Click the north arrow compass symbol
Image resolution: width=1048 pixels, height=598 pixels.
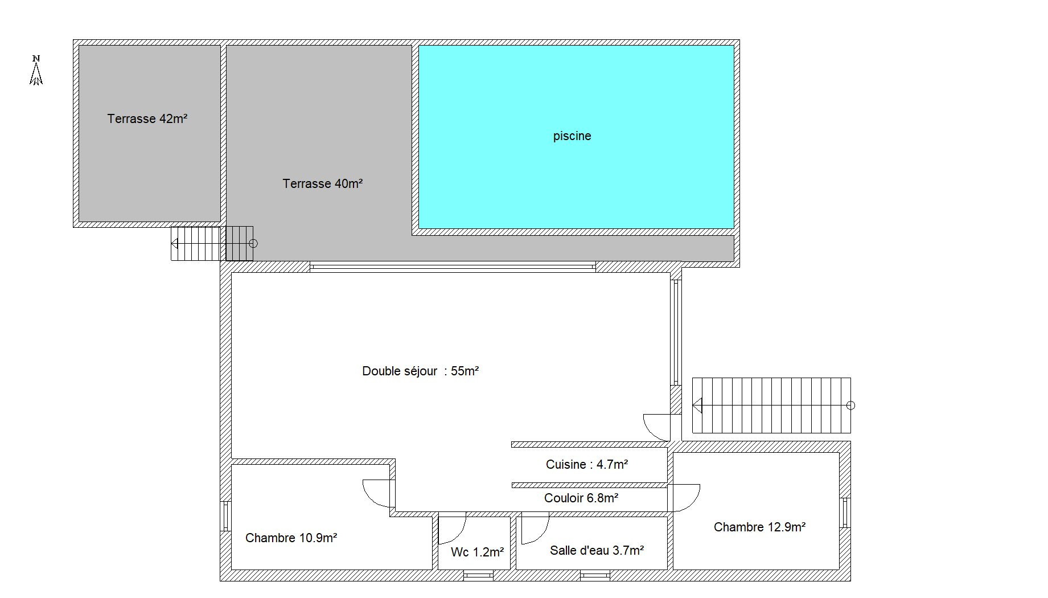[36, 70]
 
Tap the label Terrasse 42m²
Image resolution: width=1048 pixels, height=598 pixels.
[147, 118]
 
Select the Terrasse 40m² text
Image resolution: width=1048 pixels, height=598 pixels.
[323, 183]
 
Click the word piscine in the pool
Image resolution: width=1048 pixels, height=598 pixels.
[572, 136]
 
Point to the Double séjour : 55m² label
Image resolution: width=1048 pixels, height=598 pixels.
[420, 371]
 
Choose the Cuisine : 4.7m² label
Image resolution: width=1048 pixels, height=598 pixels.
[587, 464]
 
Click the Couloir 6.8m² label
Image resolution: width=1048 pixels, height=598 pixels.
[581, 498]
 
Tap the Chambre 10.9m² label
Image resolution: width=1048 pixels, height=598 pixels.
[291, 538]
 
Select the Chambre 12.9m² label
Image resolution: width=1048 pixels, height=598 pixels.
[759, 527]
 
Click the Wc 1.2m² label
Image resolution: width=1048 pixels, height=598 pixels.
[477, 551]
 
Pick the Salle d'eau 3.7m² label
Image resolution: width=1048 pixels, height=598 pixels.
[597, 550]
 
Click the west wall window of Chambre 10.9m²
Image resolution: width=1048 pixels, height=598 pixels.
[225, 515]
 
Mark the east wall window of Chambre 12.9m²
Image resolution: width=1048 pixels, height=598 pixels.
[845, 513]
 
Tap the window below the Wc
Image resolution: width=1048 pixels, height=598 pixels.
[478, 576]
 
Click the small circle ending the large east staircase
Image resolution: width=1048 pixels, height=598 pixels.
[851, 406]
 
